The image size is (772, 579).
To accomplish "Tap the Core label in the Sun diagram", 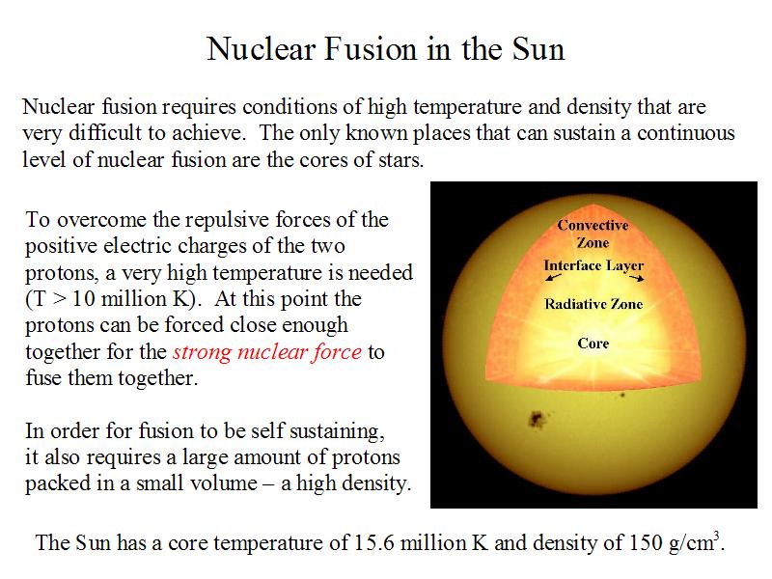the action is (593, 343).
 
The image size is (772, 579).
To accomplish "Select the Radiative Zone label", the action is (593, 304).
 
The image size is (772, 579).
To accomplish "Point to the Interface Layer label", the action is (593, 266).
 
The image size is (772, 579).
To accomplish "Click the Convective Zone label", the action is (593, 234).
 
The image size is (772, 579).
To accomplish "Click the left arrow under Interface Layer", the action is (553, 277).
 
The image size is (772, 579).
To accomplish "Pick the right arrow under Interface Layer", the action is (636, 278).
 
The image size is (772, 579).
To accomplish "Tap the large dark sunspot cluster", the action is (537, 420).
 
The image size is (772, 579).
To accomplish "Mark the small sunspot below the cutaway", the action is (622, 395).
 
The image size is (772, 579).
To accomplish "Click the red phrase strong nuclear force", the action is (267, 352).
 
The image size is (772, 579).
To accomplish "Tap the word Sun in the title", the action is (538, 49).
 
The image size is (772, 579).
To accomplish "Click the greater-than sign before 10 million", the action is (59, 299).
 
